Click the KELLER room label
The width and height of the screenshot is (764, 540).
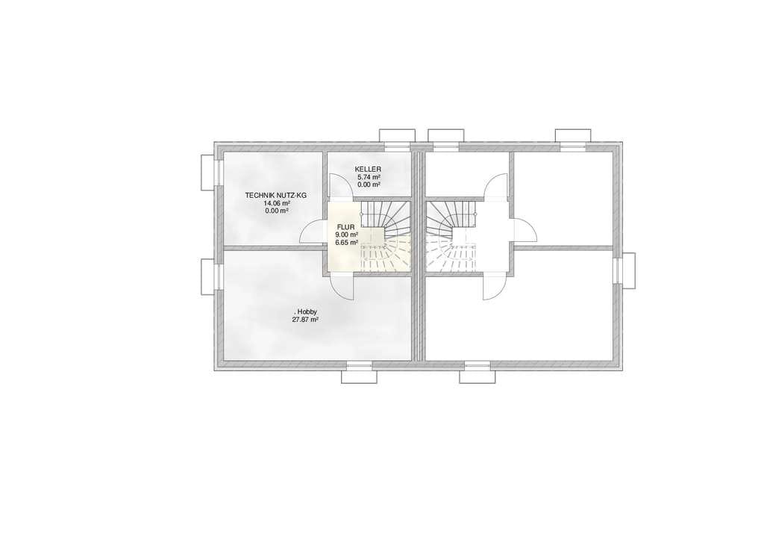coord(368,170)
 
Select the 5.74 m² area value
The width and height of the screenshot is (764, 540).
coord(369,177)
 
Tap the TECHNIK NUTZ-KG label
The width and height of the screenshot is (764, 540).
coord(276,195)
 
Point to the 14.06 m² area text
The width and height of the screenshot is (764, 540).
coord(277,203)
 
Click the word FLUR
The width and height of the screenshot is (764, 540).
coord(345,227)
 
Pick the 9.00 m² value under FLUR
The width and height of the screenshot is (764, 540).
coord(346,234)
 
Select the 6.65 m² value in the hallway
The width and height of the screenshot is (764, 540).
coord(346,241)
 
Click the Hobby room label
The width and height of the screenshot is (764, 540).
coord(305,311)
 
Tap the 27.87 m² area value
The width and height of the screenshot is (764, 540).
coord(305,320)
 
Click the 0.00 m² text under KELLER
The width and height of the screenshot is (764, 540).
coord(369,185)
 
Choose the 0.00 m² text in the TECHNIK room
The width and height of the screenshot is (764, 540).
coord(277,211)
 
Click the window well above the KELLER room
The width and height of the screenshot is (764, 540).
coord(397,135)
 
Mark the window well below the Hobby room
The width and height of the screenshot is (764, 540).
coord(359,376)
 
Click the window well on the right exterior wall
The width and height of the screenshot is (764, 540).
coord(629,270)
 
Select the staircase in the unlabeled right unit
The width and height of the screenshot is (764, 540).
coord(451,237)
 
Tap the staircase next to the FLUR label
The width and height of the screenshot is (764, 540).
coord(385,237)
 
